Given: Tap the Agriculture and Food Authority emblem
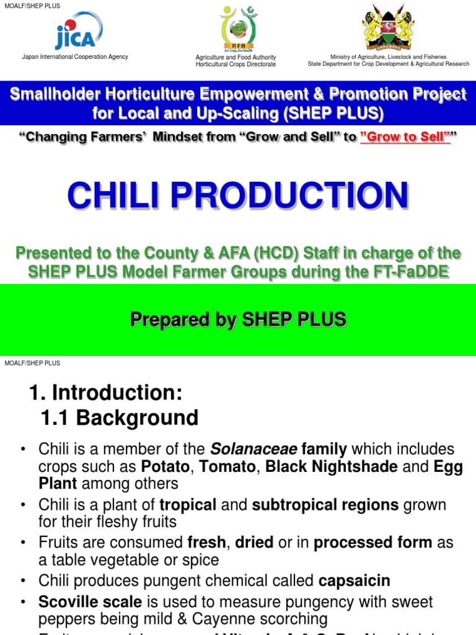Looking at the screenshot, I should click(x=236, y=29).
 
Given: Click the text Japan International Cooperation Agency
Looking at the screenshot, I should click(x=75, y=57).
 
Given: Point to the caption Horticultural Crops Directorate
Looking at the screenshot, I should click(x=236, y=64).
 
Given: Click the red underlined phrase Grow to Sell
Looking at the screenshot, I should click(x=405, y=137).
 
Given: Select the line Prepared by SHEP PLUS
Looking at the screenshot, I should click(x=238, y=319).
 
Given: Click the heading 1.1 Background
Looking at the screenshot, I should click(x=120, y=418).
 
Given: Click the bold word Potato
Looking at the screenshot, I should click(x=164, y=466).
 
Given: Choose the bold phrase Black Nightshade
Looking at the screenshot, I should click(x=332, y=466).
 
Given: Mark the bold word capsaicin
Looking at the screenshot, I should click(x=354, y=580).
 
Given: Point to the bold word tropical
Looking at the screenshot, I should click(x=188, y=505).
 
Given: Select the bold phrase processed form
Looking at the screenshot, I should click(x=372, y=543).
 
